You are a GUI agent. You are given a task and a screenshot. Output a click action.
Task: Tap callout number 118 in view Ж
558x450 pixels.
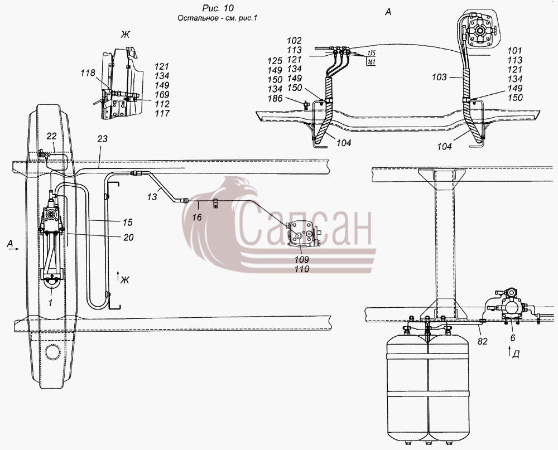click(x=88, y=73)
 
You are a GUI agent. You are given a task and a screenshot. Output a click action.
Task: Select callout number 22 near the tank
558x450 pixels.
click(x=51, y=136)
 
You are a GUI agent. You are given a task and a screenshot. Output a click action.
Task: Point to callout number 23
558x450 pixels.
click(x=102, y=139)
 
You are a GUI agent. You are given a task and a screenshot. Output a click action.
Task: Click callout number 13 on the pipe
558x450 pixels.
click(x=152, y=197)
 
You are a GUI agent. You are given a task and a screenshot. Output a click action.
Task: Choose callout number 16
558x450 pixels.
click(x=197, y=217)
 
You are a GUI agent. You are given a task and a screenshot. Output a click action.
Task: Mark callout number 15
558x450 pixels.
click(x=127, y=222)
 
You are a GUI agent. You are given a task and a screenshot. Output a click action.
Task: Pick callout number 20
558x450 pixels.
click(x=128, y=237)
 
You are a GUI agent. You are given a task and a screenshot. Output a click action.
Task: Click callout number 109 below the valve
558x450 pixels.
click(x=301, y=259)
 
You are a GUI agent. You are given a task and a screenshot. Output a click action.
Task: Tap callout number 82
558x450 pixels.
click(x=482, y=341)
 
